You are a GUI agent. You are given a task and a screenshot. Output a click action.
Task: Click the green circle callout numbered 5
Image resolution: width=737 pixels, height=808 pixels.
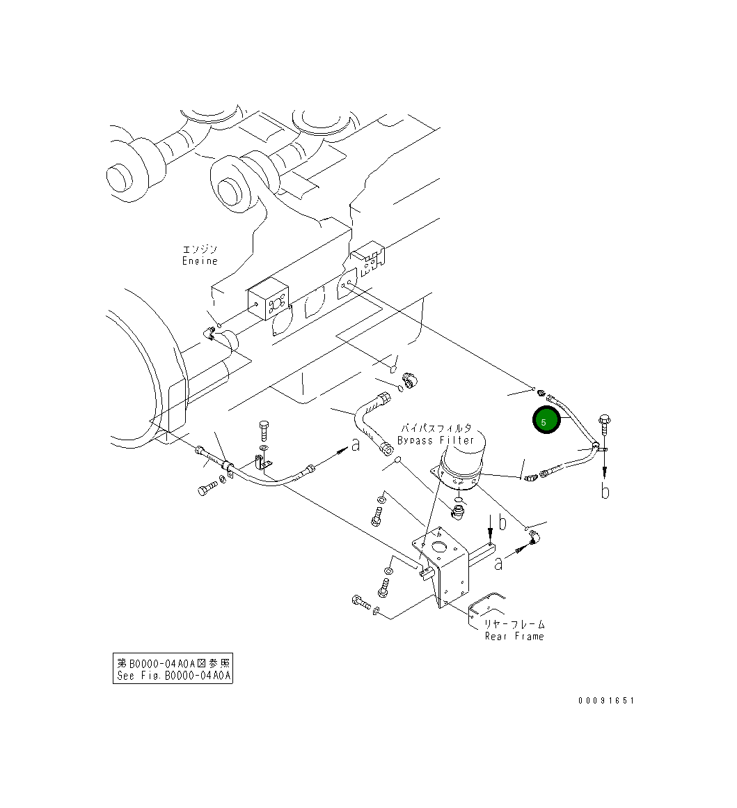pyautogui.click(x=546, y=421)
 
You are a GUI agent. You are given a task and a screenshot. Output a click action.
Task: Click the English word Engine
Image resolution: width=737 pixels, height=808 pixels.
pyautogui.click(x=200, y=261)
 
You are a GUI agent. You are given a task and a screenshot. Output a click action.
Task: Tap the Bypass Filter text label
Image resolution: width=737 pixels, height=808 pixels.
pyautogui.click(x=436, y=440)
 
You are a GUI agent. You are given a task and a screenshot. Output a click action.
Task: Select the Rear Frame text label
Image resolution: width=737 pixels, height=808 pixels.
pyautogui.click(x=514, y=637)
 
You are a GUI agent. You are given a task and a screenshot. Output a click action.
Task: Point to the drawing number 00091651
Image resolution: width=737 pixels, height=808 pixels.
pyautogui.click(x=605, y=701)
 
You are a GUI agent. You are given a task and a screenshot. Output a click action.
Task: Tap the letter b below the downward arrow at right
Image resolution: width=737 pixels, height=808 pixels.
pyautogui.click(x=605, y=491)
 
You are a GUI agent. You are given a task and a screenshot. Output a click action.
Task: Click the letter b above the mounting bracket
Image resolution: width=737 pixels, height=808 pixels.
pyautogui.click(x=501, y=522)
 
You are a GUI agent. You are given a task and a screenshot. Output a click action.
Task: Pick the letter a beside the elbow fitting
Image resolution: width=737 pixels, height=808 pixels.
pyautogui.click(x=498, y=562)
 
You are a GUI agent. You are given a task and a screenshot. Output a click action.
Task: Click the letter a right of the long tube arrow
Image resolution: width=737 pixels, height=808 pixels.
pyautogui.click(x=356, y=444)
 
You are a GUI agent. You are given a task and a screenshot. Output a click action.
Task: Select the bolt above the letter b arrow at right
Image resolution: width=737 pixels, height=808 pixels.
pyautogui.click(x=604, y=422)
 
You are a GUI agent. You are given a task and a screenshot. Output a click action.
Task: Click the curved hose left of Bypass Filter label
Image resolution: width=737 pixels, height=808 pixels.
pyautogui.click(x=367, y=420)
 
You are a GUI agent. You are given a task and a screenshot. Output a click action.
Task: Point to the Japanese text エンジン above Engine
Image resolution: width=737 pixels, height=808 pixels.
pyautogui.click(x=200, y=249)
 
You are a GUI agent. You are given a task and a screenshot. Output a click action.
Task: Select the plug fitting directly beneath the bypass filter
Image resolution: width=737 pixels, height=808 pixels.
pyautogui.click(x=458, y=513)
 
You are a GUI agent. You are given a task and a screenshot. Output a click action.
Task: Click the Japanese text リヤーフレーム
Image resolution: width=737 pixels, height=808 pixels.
pyautogui.click(x=514, y=625)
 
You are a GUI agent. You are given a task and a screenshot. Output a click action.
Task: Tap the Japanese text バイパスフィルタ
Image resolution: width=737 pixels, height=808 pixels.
pyautogui.click(x=436, y=428)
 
